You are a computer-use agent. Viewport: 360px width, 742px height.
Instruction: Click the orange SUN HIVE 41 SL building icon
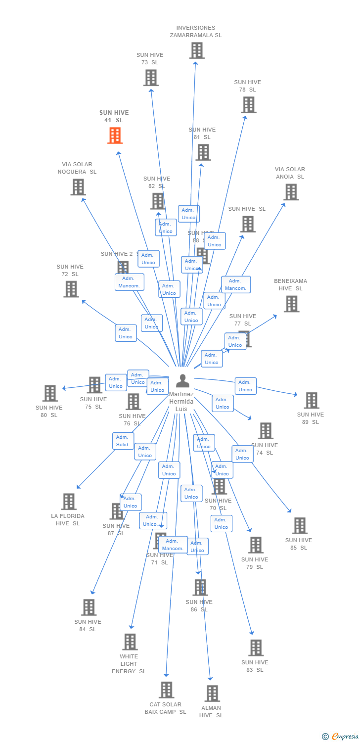115,135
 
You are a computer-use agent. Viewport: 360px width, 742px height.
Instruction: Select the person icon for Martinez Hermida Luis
182,380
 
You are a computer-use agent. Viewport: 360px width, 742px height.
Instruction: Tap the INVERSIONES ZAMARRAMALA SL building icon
197,50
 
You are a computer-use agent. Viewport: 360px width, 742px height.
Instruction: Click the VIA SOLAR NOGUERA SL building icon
78,187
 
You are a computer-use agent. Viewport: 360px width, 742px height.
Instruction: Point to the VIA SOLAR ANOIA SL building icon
291,192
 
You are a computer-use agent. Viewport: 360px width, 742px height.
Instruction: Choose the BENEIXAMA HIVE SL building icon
291,304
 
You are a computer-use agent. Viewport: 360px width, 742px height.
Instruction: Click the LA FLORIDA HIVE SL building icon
69,501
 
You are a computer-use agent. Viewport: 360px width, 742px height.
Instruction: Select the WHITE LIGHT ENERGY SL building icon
130,642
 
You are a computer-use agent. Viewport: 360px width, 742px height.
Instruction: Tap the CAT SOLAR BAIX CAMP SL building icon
167,690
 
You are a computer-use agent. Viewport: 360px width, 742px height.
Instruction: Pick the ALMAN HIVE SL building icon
212,693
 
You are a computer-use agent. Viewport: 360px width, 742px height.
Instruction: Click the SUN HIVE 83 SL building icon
256,648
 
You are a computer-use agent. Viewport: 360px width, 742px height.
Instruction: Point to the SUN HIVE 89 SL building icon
311,400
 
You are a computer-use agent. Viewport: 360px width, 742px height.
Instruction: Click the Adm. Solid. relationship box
123,441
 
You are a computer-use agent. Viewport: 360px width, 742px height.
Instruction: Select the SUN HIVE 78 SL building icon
249,104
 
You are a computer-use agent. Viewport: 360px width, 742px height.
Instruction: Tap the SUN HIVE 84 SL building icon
89,607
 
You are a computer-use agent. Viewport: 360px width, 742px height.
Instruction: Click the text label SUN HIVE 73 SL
150,59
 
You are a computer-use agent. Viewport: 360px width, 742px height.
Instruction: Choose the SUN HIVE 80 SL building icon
50,393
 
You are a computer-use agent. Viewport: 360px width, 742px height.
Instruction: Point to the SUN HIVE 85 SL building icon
299,525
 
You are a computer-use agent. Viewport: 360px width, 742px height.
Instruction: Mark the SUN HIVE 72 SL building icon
71,289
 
